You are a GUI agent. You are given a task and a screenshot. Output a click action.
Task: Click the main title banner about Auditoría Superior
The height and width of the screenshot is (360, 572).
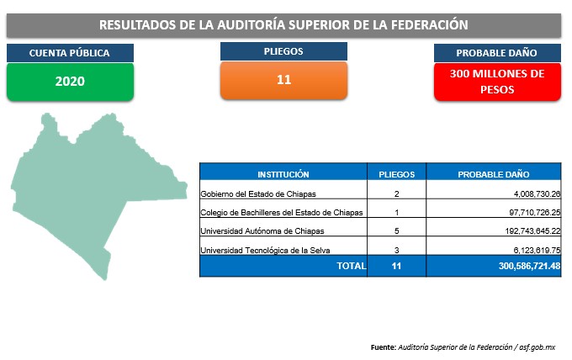(x=283, y=25)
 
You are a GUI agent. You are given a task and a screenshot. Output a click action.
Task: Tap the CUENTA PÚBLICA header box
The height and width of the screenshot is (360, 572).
(x=70, y=53)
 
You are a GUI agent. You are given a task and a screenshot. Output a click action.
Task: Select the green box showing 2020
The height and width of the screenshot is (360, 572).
(x=70, y=82)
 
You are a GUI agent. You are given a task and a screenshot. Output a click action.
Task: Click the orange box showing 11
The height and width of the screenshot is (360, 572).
(x=283, y=80)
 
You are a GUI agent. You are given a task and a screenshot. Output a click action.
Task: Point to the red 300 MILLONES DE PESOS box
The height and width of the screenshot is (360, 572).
(x=497, y=82)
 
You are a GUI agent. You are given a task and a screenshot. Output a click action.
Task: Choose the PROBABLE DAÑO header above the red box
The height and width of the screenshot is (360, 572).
(x=497, y=53)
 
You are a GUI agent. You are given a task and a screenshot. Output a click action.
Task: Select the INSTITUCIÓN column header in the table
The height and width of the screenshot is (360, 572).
(x=283, y=174)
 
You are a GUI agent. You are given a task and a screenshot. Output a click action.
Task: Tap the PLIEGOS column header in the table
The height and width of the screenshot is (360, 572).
(x=396, y=174)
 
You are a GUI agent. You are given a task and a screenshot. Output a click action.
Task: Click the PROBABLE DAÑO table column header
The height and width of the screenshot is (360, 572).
(x=494, y=174)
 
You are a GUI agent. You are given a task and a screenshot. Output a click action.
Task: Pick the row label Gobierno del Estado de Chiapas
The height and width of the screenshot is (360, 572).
(x=258, y=194)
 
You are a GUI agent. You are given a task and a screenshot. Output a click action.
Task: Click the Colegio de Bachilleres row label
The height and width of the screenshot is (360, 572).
(x=282, y=213)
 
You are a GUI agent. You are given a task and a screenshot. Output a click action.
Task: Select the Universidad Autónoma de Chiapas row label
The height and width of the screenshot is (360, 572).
(x=262, y=231)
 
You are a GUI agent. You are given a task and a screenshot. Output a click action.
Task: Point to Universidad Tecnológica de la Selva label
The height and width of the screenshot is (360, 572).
(x=265, y=250)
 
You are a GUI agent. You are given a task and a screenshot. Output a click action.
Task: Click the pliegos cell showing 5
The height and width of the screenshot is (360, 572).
(x=396, y=231)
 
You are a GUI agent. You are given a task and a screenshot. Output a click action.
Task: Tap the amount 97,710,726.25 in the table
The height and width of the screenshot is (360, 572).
(x=535, y=213)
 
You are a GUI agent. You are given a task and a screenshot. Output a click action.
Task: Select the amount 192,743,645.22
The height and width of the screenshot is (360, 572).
(x=533, y=231)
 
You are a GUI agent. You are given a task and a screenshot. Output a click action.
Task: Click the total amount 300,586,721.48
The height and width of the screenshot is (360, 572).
(x=530, y=266)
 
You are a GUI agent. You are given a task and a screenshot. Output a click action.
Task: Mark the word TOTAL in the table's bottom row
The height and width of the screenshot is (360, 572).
(x=352, y=266)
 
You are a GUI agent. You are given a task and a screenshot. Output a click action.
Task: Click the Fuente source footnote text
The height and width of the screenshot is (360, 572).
(x=463, y=347)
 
